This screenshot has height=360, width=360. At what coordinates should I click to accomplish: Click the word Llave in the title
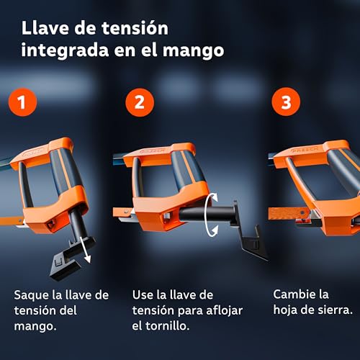pos(45,29)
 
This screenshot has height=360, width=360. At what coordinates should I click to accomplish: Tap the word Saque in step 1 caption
pos(33,295)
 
